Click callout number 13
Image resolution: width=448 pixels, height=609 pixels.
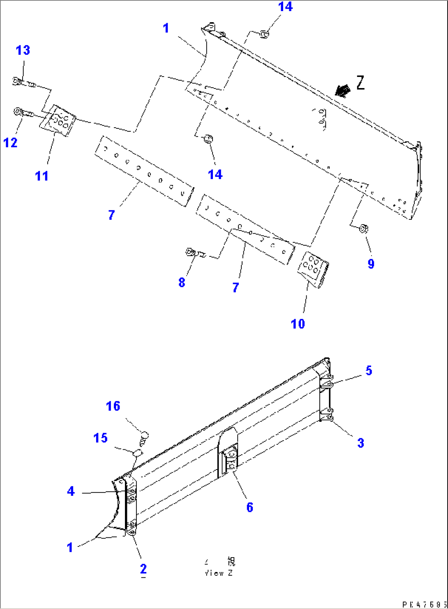click(23, 50)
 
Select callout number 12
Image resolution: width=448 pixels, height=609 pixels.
click(11, 142)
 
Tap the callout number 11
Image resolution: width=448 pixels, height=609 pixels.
click(42, 176)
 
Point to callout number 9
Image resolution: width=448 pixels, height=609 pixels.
click(371, 263)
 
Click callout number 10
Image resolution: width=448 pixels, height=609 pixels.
click(298, 323)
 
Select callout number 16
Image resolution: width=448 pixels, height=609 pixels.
click(113, 406)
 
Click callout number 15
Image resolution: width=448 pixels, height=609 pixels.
click(100, 438)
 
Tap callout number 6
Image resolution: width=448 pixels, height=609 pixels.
click(250, 507)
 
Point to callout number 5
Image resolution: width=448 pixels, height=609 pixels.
click(369, 370)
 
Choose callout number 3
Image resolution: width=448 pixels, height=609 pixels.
click(360, 443)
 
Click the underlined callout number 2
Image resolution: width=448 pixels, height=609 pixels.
click(143, 569)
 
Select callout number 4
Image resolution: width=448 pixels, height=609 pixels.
click(71, 491)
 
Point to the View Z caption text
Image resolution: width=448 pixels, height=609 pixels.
click(219, 567)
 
